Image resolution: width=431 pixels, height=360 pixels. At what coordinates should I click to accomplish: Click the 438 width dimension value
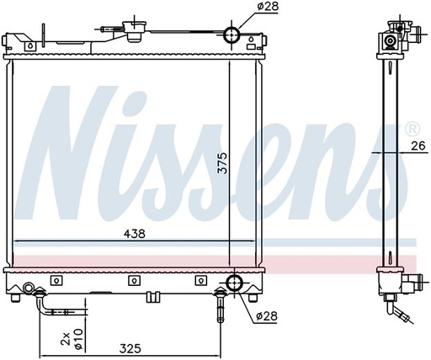pos(136,234)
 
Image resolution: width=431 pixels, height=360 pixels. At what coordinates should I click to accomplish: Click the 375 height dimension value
pos(223,163)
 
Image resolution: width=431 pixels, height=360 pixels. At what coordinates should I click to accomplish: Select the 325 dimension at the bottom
pos(130,349)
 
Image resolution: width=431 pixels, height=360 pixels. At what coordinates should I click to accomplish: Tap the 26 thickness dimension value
pos(418,146)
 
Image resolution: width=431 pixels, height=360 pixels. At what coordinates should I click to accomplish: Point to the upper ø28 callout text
pos(268,7)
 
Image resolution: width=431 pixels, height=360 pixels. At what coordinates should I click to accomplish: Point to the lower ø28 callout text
pos(267,316)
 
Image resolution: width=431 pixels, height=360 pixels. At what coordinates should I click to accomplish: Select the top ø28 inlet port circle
pos(231,34)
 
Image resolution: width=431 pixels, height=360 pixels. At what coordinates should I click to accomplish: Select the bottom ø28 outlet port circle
pos(234,283)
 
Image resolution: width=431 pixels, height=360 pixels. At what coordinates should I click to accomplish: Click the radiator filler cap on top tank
pos(134,31)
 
